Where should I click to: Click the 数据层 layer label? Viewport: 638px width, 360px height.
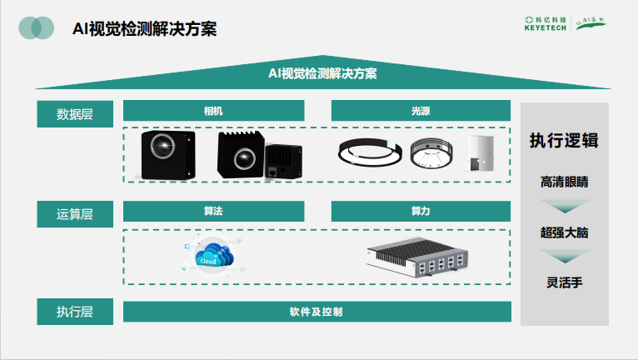pyautogui.click(x=74, y=114)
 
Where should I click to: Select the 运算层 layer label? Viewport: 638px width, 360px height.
pyautogui.click(x=74, y=214)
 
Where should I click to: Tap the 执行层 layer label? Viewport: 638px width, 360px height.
pyautogui.click(x=74, y=312)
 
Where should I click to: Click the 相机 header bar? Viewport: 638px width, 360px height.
pyautogui.click(x=213, y=111)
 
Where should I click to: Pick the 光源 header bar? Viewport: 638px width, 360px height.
pyautogui.click(x=421, y=111)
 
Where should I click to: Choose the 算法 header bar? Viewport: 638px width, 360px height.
pyautogui.click(x=213, y=212)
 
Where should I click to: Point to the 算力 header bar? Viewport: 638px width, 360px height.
pyautogui.click(x=421, y=212)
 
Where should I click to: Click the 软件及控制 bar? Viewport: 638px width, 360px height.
pyautogui.click(x=317, y=312)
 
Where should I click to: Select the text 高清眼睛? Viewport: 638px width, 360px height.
pyautogui.click(x=564, y=181)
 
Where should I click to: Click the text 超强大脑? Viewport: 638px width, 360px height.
pyautogui.click(x=564, y=232)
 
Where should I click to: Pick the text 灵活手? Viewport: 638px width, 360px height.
pyautogui.click(x=564, y=283)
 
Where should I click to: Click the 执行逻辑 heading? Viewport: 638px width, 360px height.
pyautogui.click(x=564, y=140)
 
